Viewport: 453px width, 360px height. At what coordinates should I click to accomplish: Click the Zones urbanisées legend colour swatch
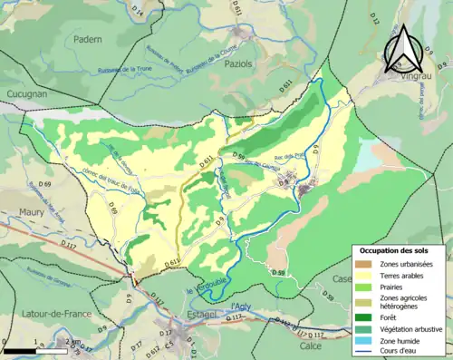366,263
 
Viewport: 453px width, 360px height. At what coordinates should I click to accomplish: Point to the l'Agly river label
239,306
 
